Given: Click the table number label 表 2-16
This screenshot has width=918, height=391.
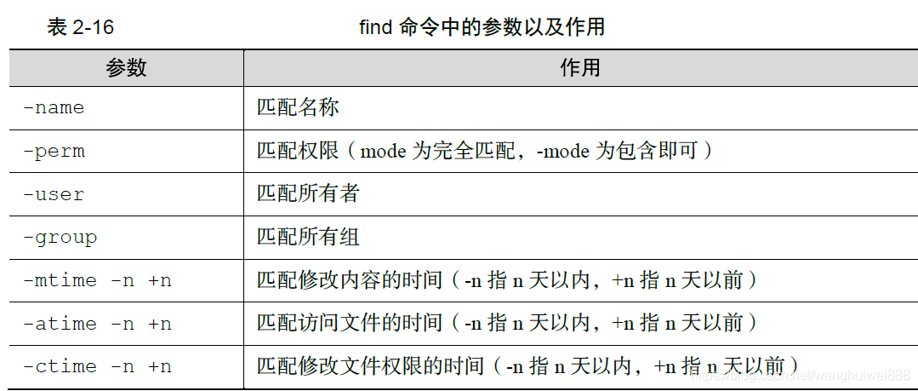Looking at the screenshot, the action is pyautogui.click(x=80, y=27).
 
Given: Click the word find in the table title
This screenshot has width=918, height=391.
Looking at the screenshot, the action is pyautogui.click(x=375, y=27).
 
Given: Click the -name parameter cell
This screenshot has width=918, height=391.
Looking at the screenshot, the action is pyautogui.click(x=54, y=108).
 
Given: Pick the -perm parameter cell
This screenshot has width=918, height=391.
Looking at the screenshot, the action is pyautogui.click(x=54, y=152).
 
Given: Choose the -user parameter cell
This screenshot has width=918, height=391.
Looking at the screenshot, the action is pyautogui.click(x=54, y=194).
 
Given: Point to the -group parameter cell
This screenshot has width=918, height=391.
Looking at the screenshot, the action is pyautogui.click(x=60, y=237).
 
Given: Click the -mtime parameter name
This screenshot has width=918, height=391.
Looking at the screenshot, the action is pyautogui.click(x=60, y=280).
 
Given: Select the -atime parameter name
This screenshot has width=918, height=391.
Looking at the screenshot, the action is pyautogui.click(x=60, y=324).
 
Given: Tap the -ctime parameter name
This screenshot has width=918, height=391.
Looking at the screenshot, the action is pyautogui.click(x=60, y=366).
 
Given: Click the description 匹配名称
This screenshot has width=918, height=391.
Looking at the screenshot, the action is pyautogui.click(x=298, y=108).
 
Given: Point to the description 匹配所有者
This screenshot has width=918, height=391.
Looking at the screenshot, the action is pyautogui.click(x=308, y=194).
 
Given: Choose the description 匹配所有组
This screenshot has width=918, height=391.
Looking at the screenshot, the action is pyautogui.click(x=308, y=237).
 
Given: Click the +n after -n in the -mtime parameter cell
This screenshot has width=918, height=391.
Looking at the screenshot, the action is pyautogui.click(x=160, y=280).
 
